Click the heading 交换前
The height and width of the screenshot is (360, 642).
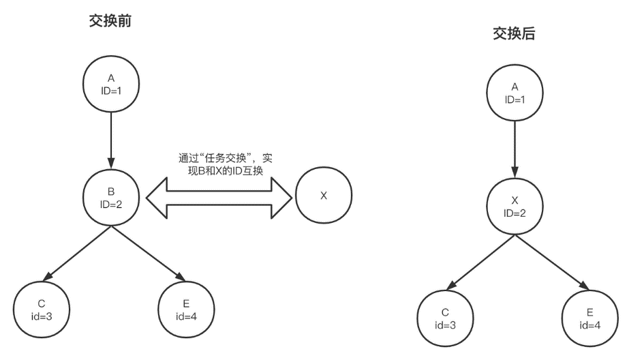pyautogui.click(x=110, y=21)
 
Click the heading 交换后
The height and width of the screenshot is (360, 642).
pyautogui.click(x=515, y=34)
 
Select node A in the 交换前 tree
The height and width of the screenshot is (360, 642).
pyautogui.click(x=110, y=85)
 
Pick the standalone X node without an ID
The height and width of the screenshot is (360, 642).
pyautogui.click(x=324, y=196)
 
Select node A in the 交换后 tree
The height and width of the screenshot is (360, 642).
pyautogui.click(x=515, y=93)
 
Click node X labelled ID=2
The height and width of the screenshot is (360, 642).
pyautogui.click(x=515, y=206)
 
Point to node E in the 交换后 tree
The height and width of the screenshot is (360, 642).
pyautogui.click(x=590, y=318)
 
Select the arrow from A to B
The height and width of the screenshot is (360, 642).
pyautogui.click(x=110, y=140)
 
